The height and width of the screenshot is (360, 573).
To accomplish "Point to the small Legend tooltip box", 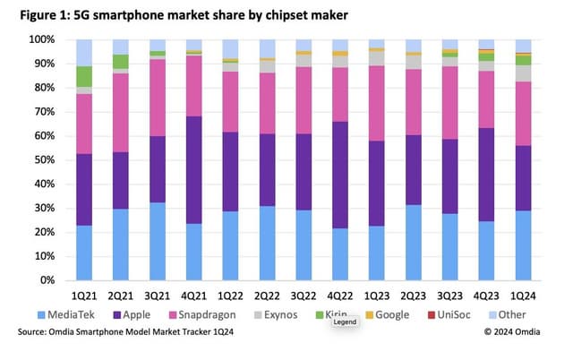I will [346, 321].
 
